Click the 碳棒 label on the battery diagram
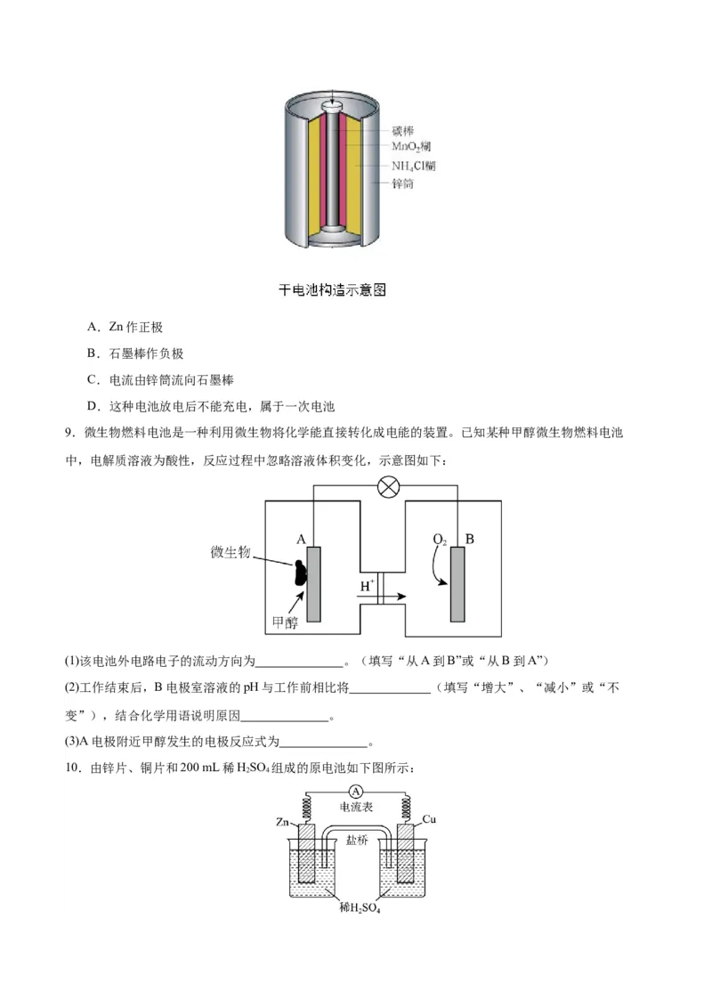[x=402, y=130]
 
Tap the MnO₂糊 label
[x=412, y=147]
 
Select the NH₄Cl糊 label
[x=414, y=166]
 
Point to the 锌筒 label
[x=402, y=184]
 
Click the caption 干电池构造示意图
[x=332, y=290]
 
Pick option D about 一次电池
[x=210, y=407]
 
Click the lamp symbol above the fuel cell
[x=388, y=486]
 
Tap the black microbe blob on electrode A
[x=300, y=570]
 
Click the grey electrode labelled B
[x=457, y=583]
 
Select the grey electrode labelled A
[x=314, y=583]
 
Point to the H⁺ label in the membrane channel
[x=367, y=586]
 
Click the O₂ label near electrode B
[x=440, y=540]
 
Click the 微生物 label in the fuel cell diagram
[x=231, y=552]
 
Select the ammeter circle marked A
[x=356, y=792]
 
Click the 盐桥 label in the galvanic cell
[x=356, y=840]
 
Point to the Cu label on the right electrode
[x=429, y=819]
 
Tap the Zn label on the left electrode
[x=283, y=821]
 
